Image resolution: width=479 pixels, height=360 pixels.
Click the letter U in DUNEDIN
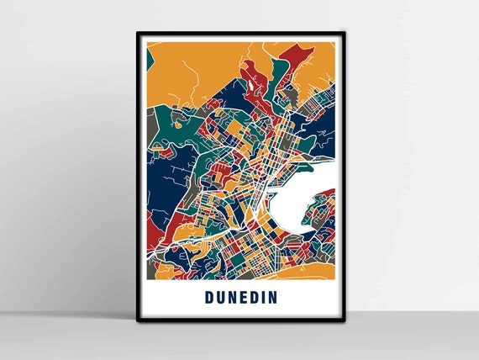221,298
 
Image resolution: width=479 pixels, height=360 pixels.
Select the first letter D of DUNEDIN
208,298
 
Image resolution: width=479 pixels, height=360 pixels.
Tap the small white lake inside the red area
250,85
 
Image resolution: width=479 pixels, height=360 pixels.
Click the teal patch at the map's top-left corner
149,59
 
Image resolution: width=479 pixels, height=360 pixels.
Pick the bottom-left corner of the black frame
137,319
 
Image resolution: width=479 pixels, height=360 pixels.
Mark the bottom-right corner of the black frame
345,319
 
